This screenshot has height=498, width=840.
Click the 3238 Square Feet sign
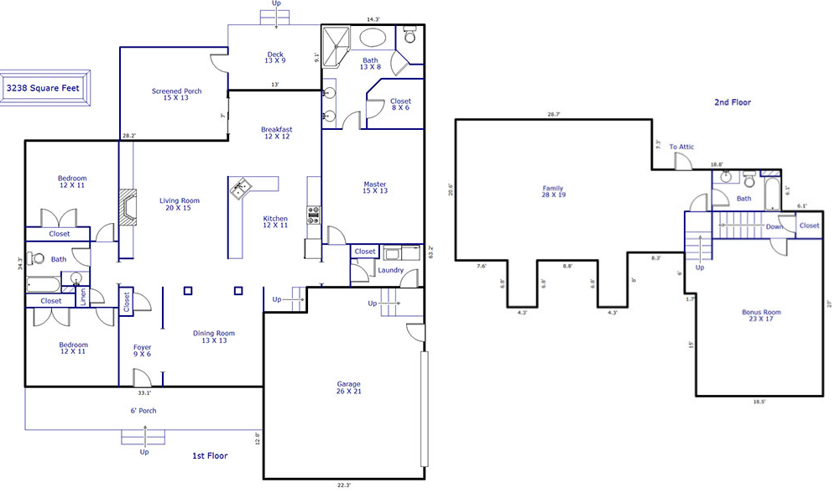click(x=44, y=88)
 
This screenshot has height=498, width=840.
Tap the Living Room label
click(x=179, y=204)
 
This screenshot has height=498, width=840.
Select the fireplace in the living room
click(x=128, y=207)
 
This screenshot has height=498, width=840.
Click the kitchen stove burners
click(x=313, y=215)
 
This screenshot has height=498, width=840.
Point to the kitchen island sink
click(x=239, y=189)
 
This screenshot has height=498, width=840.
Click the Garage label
click(x=348, y=387)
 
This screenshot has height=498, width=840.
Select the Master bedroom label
click(x=374, y=188)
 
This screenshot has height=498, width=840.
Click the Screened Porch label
click(x=176, y=94)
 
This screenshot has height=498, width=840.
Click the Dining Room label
click(x=214, y=336)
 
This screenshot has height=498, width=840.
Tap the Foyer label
click(x=142, y=350)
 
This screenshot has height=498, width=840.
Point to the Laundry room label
click(x=390, y=270)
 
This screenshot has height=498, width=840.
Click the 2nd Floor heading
click(x=733, y=101)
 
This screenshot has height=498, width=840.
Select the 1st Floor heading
click(x=210, y=456)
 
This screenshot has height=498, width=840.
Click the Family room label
click(x=553, y=191)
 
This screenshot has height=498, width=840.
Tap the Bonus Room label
click(x=761, y=315)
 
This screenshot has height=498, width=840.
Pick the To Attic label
click(x=681, y=147)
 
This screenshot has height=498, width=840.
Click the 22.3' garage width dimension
click(x=344, y=485)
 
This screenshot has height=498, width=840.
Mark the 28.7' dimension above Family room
click(x=553, y=114)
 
